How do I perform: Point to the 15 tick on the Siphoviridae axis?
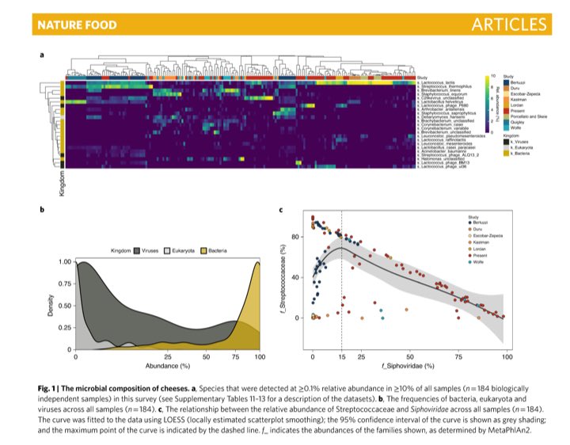341,358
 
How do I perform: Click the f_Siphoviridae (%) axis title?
408,367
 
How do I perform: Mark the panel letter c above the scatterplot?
283,209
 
